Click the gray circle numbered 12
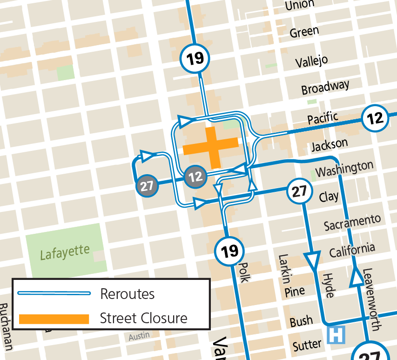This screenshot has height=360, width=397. pyautogui.click(x=196, y=177)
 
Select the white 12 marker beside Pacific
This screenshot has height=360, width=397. pyautogui.click(x=375, y=118)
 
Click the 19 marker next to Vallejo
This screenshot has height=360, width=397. pyautogui.click(x=195, y=59)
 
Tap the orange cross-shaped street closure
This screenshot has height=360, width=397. pyautogui.click(x=211, y=148)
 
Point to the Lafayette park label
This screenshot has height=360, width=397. pyautogui.click(x=64, y=253)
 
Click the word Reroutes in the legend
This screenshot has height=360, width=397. pyautogui.click(x=127, y=294)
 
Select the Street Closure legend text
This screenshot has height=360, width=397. pyautogui.click(x=143, y=319)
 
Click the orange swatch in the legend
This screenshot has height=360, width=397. pyautogui.click(x=54, y=319)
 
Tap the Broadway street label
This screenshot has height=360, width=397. pyautogui.click(x=325, y=88)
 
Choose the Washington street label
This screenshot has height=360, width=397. pyautogui.click(x=344, y=169)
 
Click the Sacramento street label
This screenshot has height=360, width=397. pyautogui.click(x=352, y=223)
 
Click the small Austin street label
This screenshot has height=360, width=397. pyautogui.click(x=139, y=336)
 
